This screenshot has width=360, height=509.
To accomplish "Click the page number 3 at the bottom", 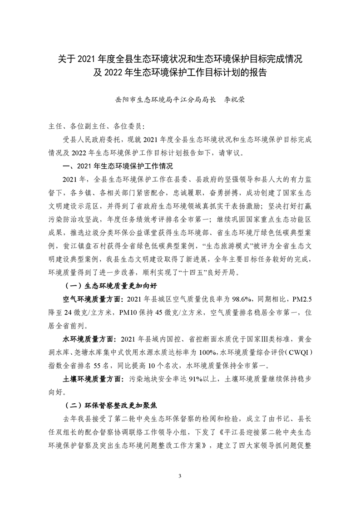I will tap(180, 476).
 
